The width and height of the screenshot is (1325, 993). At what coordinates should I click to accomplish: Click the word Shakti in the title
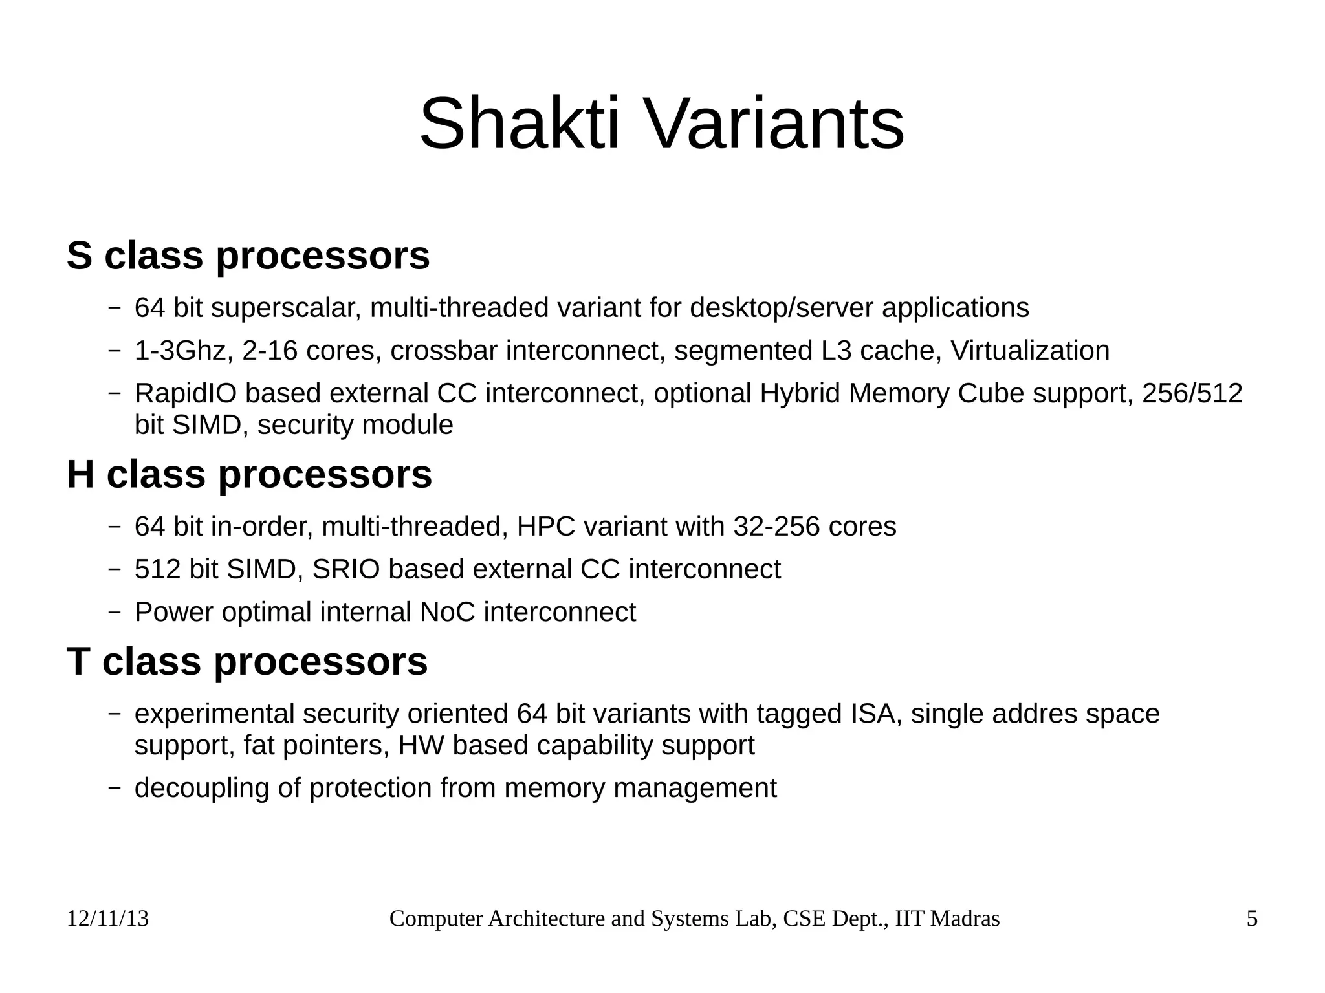[520, 124]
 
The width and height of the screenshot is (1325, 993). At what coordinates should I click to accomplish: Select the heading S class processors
[248, 256]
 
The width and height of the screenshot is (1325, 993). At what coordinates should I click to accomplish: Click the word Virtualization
[1030, 351]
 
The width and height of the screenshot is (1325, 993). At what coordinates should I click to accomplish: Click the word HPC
[546, 527]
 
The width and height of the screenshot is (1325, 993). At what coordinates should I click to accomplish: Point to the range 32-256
[776, 527]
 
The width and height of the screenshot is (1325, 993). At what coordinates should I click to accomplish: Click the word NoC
[447, 612]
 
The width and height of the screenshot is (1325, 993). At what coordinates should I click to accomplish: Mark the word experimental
[214, 714]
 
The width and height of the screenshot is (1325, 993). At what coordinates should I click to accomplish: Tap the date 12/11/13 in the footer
[107, 919]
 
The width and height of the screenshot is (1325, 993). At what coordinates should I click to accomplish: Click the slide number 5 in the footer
[1252, 919]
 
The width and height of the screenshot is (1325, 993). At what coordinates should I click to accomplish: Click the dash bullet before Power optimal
[115, 612]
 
